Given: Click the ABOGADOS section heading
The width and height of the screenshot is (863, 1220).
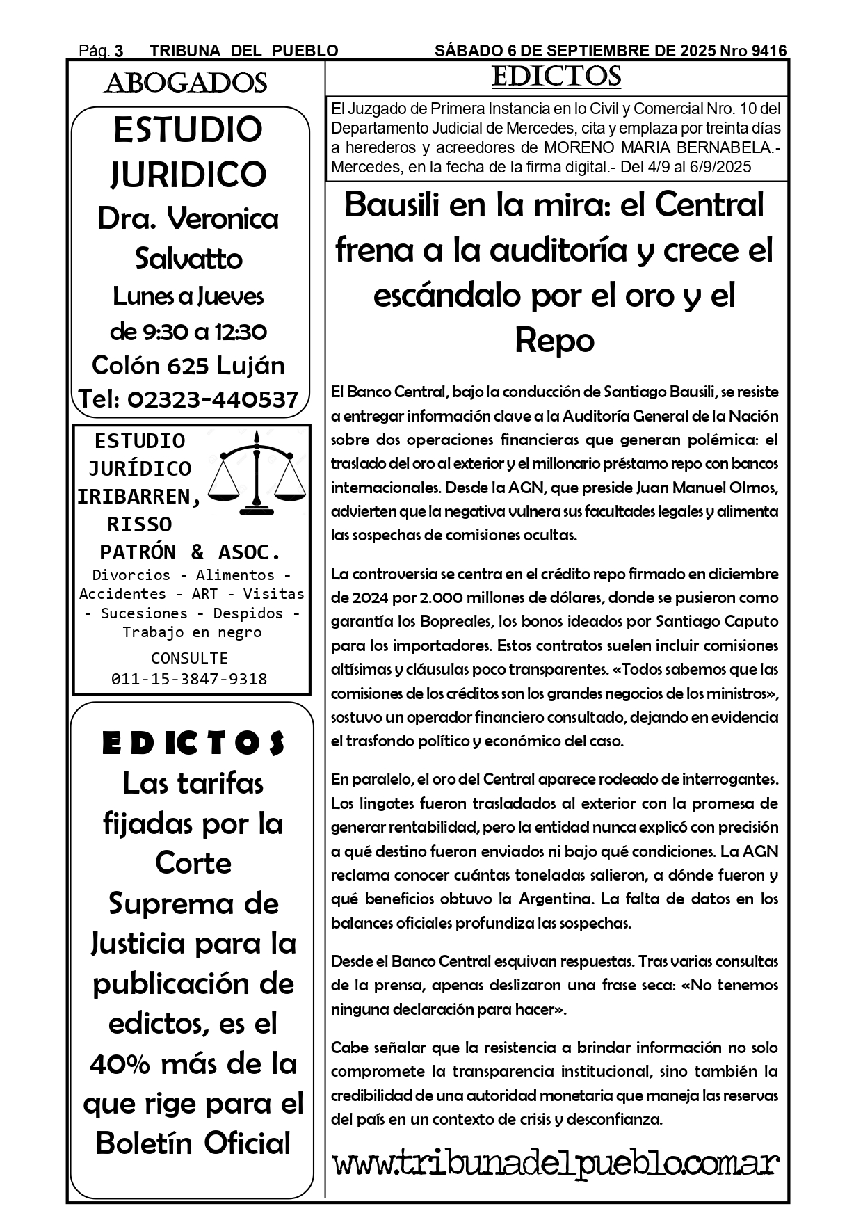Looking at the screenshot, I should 186,83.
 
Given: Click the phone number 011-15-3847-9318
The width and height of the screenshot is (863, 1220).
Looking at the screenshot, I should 189,679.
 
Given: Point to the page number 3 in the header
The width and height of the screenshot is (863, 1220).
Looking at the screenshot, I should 119,51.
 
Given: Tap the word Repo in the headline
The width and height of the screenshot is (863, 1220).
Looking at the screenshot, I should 554,340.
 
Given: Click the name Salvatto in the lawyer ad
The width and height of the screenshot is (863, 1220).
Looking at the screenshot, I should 188,259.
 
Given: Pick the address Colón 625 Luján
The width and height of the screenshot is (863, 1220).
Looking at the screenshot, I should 188,365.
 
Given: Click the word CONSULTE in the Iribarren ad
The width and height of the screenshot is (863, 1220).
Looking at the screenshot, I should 189,658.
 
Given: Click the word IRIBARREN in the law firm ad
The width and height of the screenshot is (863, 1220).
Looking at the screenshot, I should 139,497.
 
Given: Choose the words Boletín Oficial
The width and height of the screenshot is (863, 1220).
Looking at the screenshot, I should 193,1143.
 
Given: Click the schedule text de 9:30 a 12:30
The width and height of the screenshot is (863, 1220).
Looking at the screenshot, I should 188,332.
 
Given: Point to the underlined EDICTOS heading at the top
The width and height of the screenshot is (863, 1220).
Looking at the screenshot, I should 556,77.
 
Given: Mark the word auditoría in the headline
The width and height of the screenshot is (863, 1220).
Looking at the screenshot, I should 560,250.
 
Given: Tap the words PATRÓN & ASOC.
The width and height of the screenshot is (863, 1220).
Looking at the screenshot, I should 191,552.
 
